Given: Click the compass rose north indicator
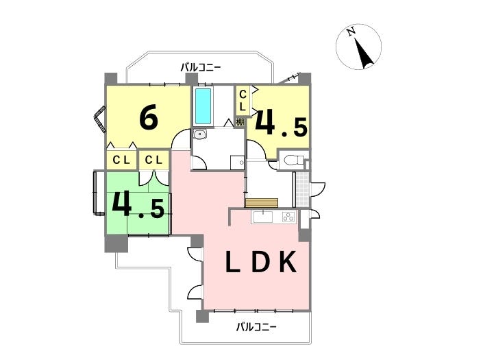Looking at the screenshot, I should pyautogui.click(x=358, y=46).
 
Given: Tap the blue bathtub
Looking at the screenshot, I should pyautogui.click(x=203, y=106).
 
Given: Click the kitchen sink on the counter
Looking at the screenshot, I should pyautogui.click(x=263, y=218).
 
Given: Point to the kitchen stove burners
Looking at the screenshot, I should pyautogui.click(x=288, y=218).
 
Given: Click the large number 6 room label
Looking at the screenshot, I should pyautogui.click(x=149, y=118).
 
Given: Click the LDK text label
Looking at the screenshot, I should pyautogui.click(x=261, y=263).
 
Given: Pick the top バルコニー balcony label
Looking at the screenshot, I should pyautogui.click(x=201, y=67).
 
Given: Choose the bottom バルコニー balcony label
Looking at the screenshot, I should pyautogui.click(x=256, y=326).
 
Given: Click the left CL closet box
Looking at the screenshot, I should pyautogui.click(x=121, y=160).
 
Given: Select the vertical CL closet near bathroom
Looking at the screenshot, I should pyautogui.click(x=243, y=100).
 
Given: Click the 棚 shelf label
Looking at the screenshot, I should pyautogui.click(x=240, y=122).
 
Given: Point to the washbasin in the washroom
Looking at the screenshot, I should pyautogui.click(x=199, y=134).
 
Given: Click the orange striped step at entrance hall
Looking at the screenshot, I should pyautogui.click(x=262, y=202).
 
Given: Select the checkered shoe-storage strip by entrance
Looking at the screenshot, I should pyautogui.click(x=299, y=189).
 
